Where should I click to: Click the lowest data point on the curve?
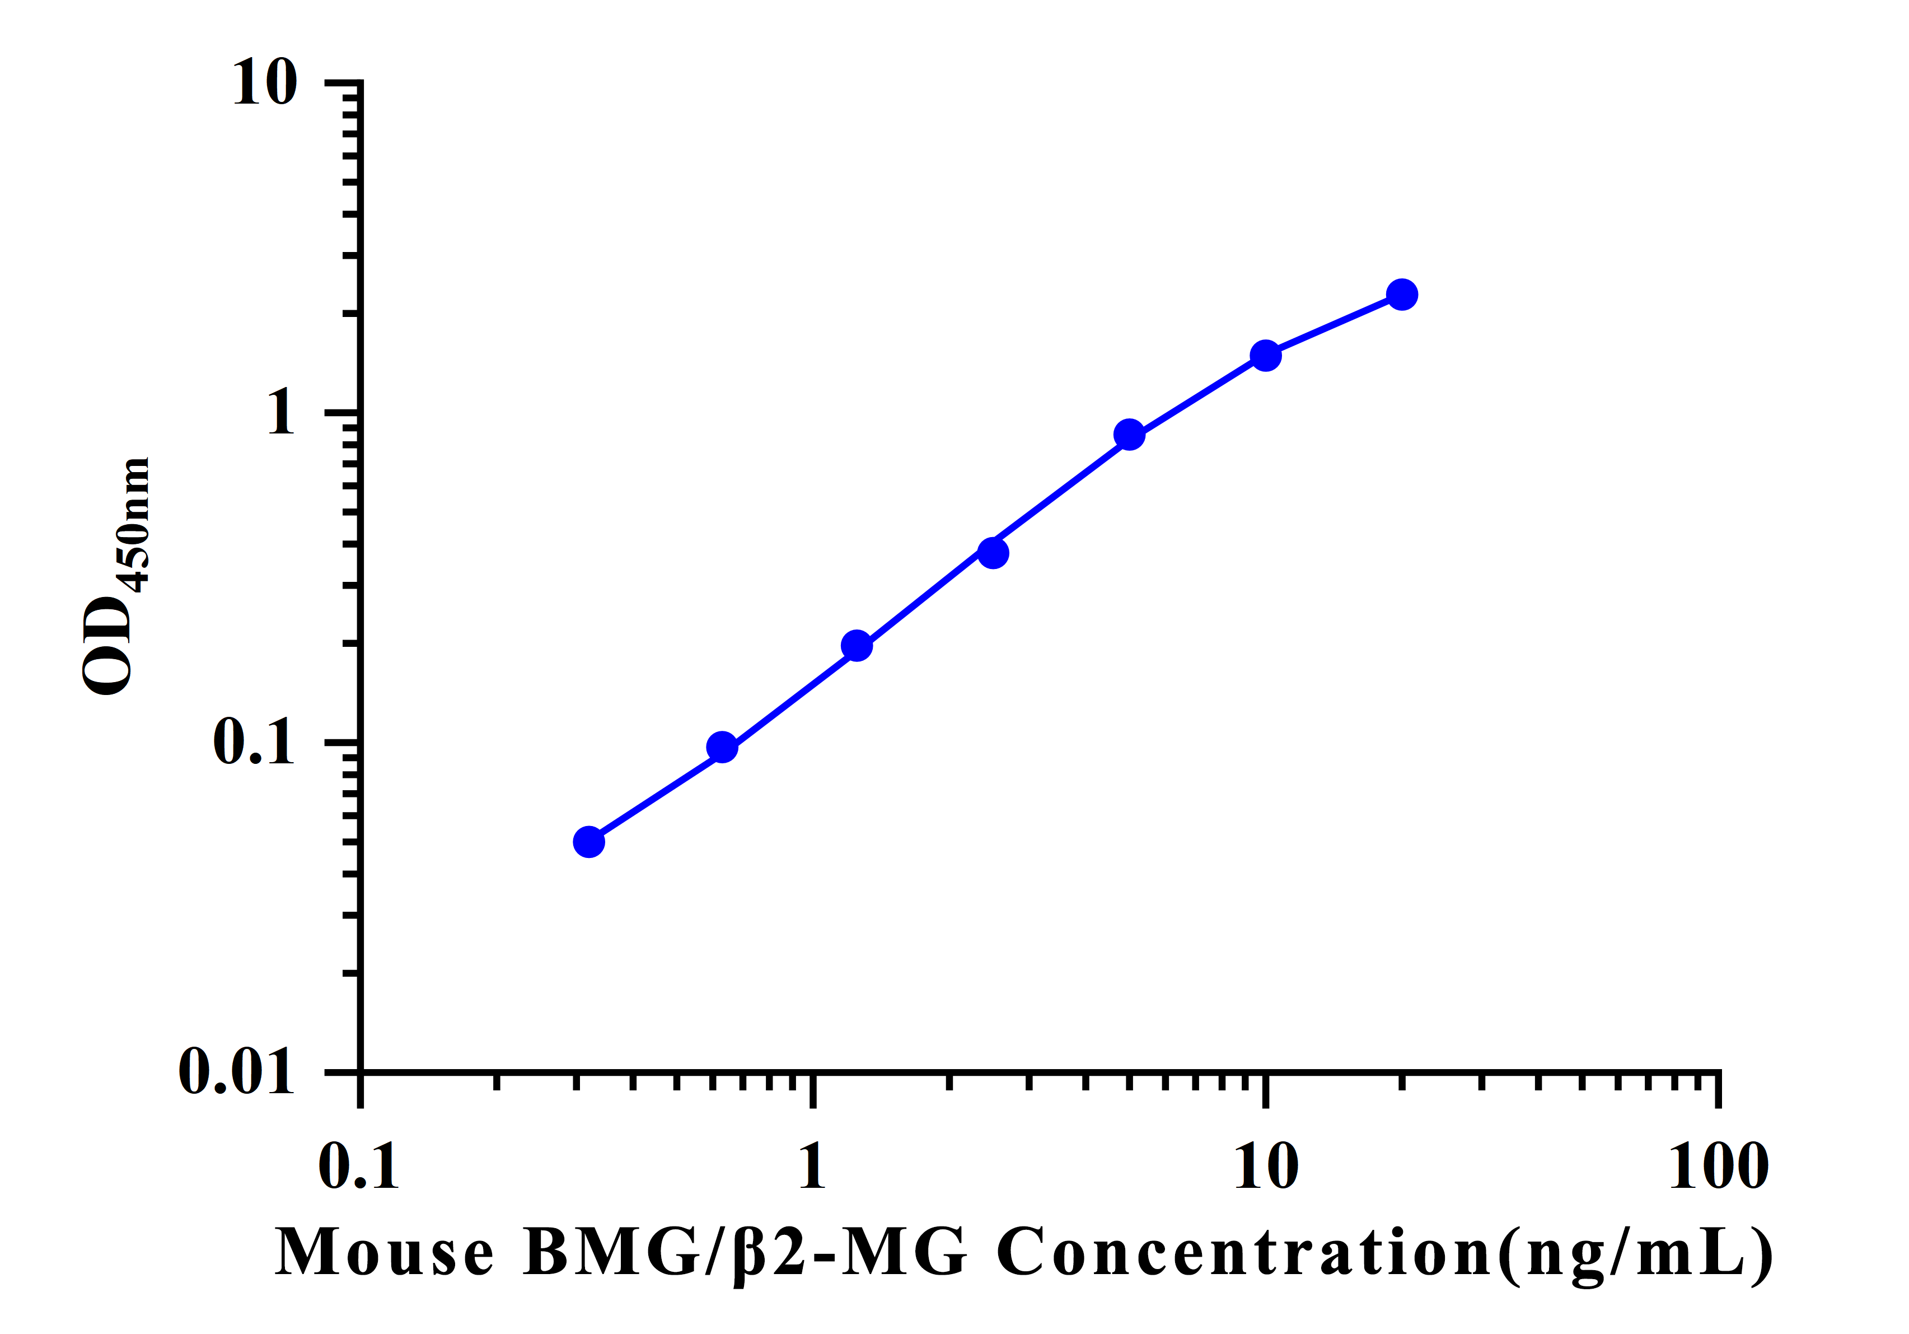[x=589, y=842]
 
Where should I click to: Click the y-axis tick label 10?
[x=264, y=83]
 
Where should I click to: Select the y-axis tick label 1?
[x=281, y=413]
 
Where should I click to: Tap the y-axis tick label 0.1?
[x=254, y=742]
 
